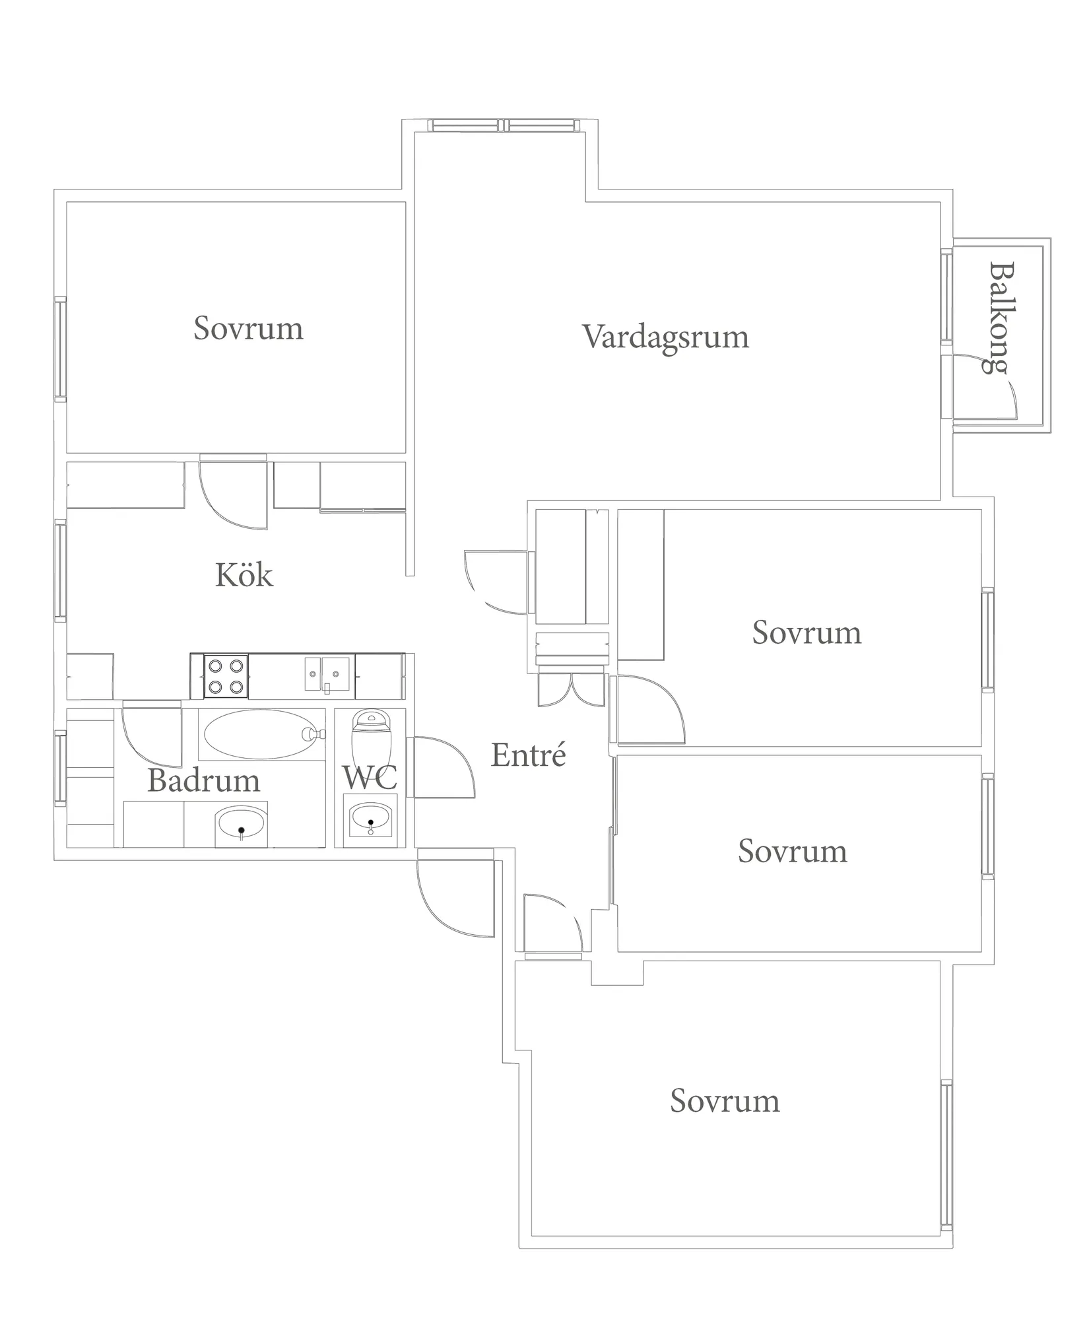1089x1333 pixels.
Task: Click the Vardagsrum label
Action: (x=665, y=337)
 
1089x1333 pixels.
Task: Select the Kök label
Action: (x=244, y=575)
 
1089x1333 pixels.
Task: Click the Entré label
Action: (x=528, y=755)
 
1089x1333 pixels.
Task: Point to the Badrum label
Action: (x=203, y=780)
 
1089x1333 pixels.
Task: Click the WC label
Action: (x=370, y=777)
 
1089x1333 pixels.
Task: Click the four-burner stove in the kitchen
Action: (x=226, y=676)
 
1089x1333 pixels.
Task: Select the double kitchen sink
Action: (x=327, y=674)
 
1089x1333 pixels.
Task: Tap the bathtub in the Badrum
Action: (x=261, y=734)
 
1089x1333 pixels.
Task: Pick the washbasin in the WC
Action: (x=370, y=819)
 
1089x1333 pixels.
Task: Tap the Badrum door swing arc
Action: (x=150, y=735)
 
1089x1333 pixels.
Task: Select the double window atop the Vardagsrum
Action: (x=503, y=125)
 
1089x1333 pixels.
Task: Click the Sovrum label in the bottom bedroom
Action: (x=725, y=1101)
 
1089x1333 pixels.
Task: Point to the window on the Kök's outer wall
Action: (x=60, y=571)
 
